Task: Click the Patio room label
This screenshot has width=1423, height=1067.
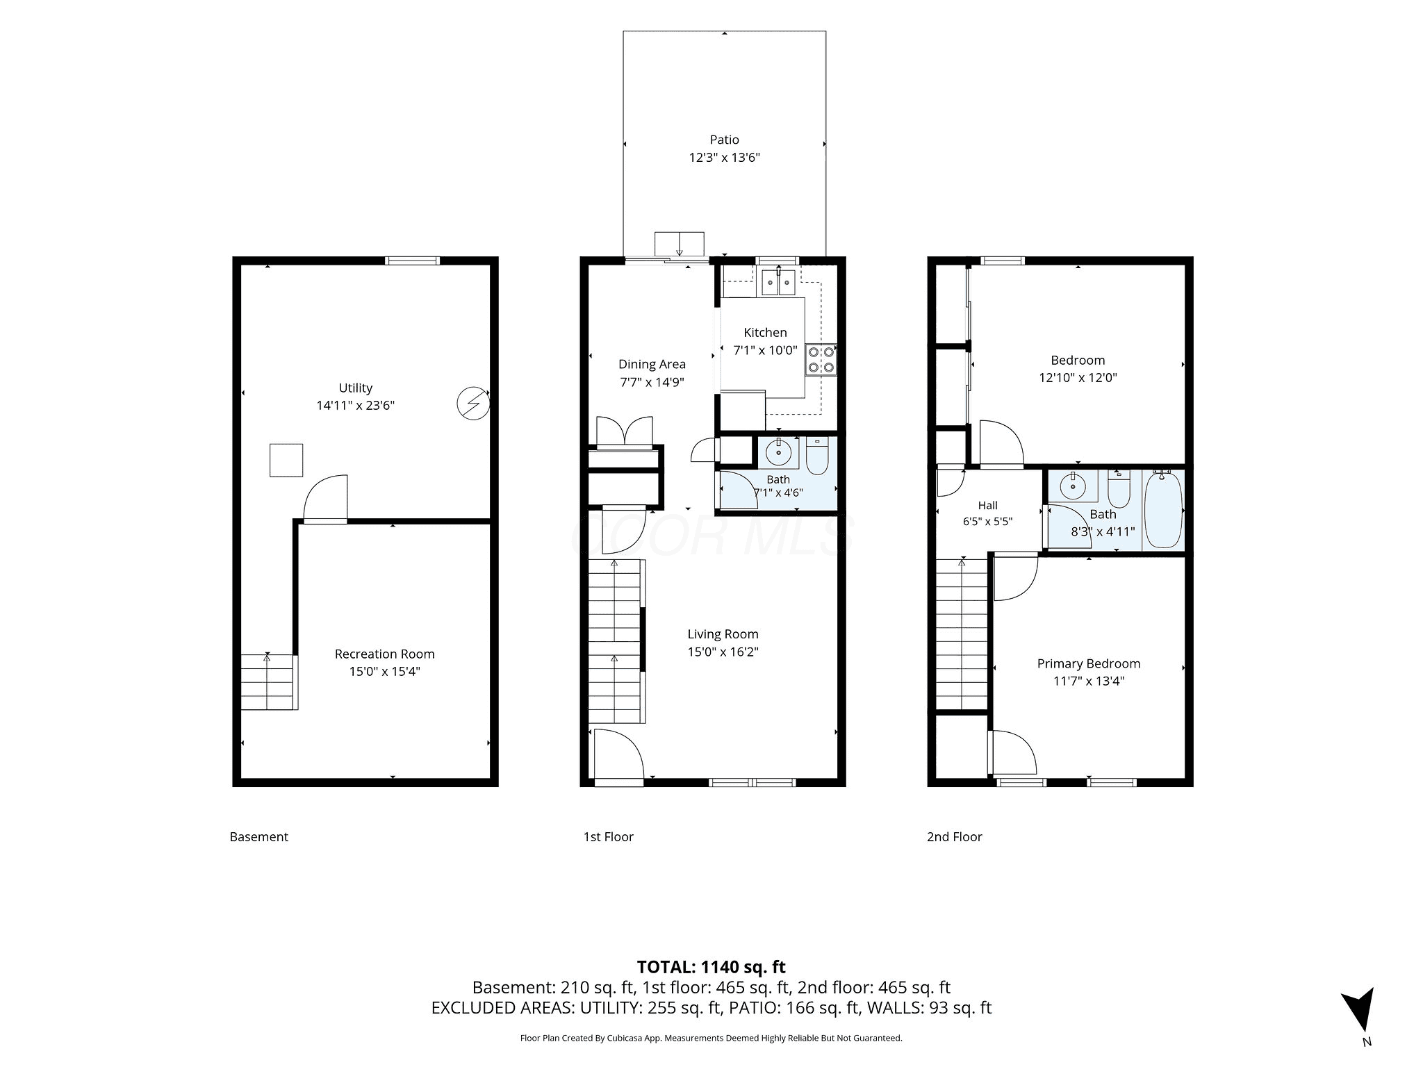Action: point(724,140)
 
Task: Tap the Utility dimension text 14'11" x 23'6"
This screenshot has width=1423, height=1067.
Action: point(356,406)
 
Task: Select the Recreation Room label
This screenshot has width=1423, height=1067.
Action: point(385,654)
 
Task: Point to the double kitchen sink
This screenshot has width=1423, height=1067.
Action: point(778,283)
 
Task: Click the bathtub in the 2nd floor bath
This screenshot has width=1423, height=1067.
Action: point(1162,509)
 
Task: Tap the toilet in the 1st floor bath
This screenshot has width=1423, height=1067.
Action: point(817,455)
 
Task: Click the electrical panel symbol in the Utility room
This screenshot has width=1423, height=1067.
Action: point(473,404)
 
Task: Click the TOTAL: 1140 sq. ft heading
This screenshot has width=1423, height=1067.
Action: point(711,966)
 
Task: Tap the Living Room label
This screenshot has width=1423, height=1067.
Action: point(723,634)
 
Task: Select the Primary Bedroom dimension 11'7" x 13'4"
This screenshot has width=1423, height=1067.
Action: point(1089,681)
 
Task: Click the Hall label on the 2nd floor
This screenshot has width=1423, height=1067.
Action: point(987,506)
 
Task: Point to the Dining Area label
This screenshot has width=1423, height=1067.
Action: point(652,364)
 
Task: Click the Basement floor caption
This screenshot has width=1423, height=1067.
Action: point(258,837)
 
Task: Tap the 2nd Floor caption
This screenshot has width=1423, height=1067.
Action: point(954,837)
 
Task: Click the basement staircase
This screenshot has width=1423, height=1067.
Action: point(269,681)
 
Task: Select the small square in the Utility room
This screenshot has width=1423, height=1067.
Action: point(286,460)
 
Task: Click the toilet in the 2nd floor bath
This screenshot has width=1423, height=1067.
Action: point(1119,488)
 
